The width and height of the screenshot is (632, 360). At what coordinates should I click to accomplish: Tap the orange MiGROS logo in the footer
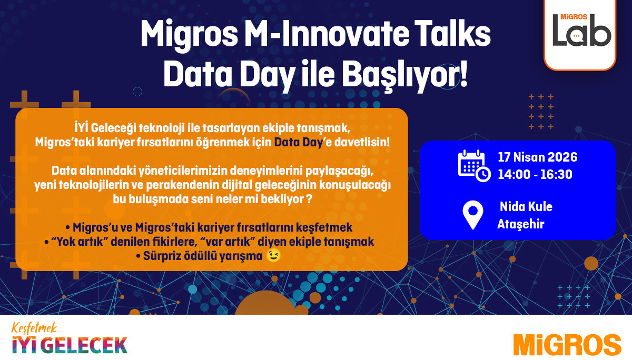click(x=567, y=344)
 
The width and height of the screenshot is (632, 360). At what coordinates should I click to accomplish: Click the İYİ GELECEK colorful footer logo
click(x=70, y=345)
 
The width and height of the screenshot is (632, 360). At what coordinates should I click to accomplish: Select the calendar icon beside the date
click(x=473, y=165)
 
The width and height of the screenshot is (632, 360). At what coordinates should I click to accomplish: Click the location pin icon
click(x=472, y=215)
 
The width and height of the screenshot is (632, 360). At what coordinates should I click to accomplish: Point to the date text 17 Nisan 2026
click(x=537, y=157)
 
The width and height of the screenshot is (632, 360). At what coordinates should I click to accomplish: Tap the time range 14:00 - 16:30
click(x=535, y=175)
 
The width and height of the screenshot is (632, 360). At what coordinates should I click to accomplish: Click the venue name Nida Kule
click(x=526, y=207)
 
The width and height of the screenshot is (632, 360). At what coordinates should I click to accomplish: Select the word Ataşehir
click(x=520, y=224)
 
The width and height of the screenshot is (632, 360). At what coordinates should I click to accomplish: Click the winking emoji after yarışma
click(x=273, y=256)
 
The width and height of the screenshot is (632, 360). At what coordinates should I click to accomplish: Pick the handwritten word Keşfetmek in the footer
click(x=33, y=328)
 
